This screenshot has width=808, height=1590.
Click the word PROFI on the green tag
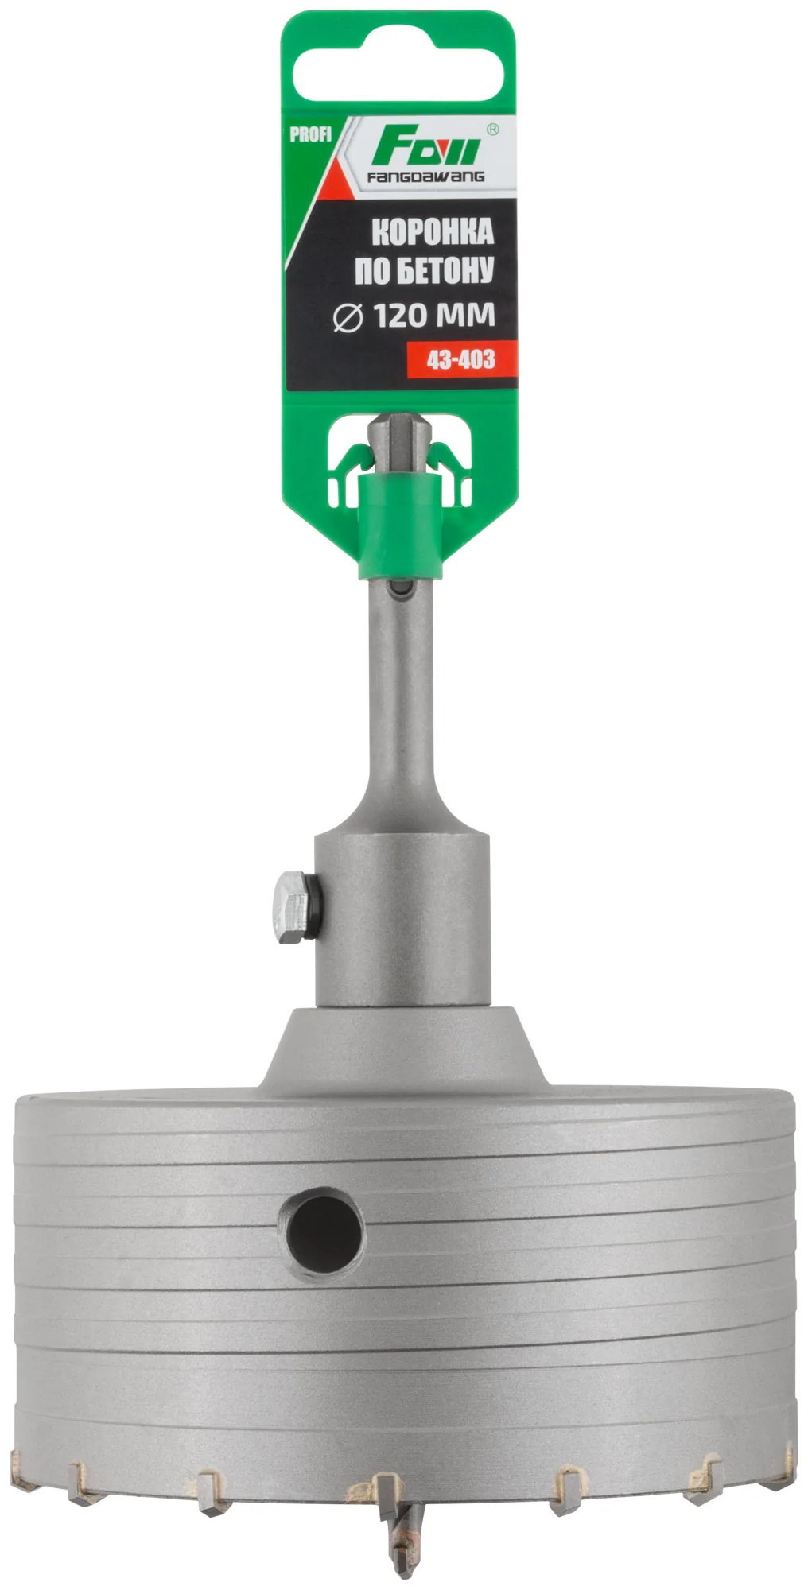pyautogui.click(x=310, y=134)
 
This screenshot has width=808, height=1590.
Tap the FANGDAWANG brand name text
pyautogui.click(x=425, y=176)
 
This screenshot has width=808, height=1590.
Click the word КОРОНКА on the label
pyautogui.click(x=433, y=232)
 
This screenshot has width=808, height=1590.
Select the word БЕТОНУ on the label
pyautogui.click(x=445, y=270)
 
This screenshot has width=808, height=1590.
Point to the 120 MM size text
pyautogui.click(x=434, y=316)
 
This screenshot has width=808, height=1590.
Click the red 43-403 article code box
pyautogui.click(x=461, y=359)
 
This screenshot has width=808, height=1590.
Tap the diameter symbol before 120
pyautogui.click(x=348, y=317)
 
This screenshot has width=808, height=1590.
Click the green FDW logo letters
pyautogui.click(x=425, y=148)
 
